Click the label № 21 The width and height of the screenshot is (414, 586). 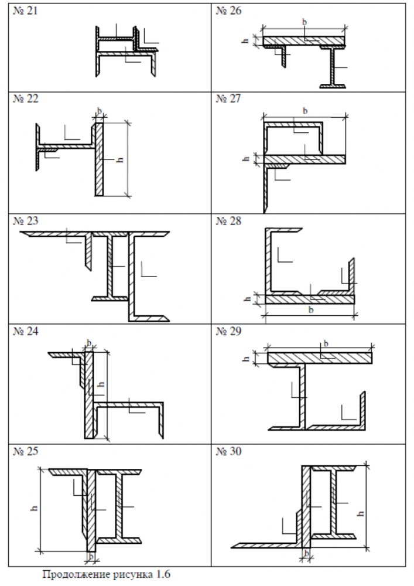(25, 11)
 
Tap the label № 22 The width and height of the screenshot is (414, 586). (25, 98)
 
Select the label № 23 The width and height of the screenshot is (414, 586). (25, 221)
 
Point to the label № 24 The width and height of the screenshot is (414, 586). (25, 331)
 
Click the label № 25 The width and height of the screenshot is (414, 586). (25, 451)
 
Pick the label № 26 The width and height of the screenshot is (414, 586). (228, 11)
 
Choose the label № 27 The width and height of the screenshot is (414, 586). (228, 98)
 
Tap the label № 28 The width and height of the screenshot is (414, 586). (228, 221)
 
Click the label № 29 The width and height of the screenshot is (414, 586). (228, 331)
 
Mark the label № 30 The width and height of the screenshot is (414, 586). (228, 451)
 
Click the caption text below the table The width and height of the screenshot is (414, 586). (107, 574)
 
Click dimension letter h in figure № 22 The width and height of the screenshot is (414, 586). (120, 159)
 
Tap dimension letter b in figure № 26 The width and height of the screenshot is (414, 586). (304, 22)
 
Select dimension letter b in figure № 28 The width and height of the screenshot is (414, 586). (311, 310)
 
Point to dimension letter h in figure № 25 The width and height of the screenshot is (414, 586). (35, 508)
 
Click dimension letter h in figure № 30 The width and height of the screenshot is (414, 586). (360, 513)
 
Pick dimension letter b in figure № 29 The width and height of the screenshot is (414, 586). (326, 343)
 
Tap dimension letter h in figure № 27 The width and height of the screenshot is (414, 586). (245, 159)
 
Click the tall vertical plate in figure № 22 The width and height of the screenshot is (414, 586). (99, 159)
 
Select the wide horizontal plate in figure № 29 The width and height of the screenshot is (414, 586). (320, 357)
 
